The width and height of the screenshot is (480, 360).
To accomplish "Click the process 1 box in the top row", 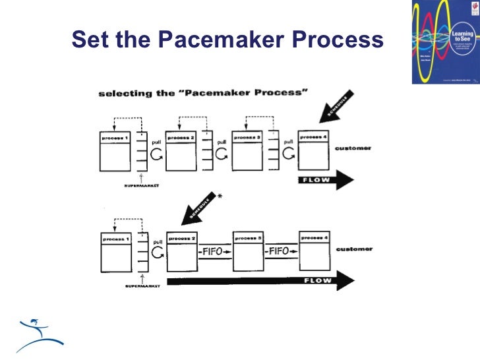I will click(113, 152).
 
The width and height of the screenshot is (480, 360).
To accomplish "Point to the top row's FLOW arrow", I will click(325, 179).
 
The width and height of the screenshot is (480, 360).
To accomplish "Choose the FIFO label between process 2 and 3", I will click(214, 252).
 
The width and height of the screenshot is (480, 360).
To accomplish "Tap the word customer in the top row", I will click(353, 148).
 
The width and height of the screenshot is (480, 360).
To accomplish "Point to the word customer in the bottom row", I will click(353, 249).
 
